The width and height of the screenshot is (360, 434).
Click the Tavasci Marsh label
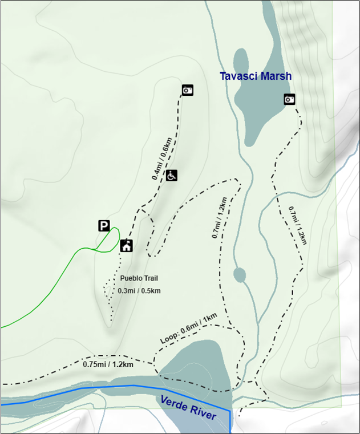[256, 76]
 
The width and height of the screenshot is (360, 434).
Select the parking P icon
[103, 226]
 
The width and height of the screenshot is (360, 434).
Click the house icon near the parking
[127, 246]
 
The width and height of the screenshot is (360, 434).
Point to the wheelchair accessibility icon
[172, 175]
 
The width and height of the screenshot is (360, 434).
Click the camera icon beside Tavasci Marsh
[290, 100]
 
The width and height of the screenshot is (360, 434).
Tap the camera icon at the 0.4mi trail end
[188, 90]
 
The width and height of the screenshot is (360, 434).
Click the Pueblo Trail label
[139, 278]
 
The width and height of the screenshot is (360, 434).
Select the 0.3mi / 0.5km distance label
[139, 291]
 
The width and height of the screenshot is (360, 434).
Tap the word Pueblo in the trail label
[131, 278]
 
